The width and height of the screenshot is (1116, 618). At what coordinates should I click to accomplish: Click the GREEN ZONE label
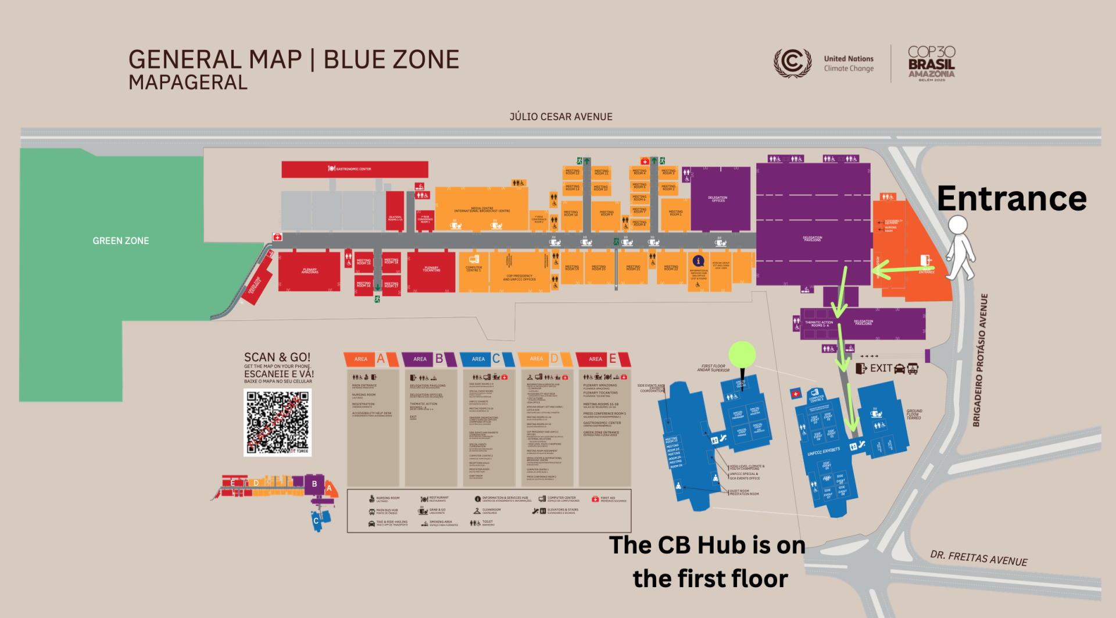121,241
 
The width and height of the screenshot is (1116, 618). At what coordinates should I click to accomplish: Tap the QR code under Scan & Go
277,422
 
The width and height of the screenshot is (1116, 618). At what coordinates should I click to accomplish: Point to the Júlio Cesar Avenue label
561,117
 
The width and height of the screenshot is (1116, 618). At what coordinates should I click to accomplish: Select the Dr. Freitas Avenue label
979,558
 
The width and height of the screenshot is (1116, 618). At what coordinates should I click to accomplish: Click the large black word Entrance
1011,199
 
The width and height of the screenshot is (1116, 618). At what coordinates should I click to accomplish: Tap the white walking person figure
960,248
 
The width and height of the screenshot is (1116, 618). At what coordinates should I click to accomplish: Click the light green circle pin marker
742,353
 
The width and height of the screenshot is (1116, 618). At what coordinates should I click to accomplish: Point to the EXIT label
881,368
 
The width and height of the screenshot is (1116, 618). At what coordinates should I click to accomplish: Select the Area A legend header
371,359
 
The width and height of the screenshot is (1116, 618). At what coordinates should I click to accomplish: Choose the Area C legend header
487,359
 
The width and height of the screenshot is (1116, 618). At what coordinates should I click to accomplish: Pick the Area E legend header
603,359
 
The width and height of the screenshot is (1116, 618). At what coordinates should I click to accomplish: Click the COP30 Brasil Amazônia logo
931,63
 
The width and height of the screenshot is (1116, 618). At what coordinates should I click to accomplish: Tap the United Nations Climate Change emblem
793,62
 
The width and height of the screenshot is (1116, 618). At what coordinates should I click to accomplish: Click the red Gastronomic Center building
355,169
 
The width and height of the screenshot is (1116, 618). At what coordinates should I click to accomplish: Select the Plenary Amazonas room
309,271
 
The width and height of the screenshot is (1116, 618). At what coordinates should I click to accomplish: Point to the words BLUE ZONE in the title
391,60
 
